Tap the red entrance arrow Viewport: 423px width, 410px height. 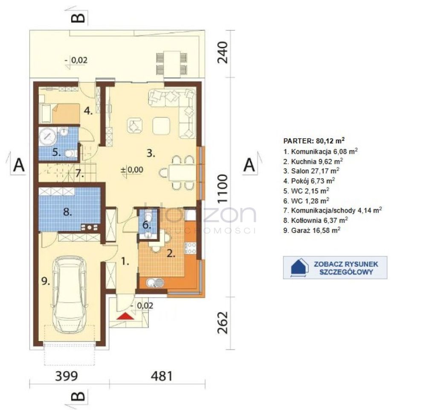pos(125,316)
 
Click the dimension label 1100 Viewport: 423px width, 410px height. pos(223,189)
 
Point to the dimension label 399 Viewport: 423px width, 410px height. pos(67,376)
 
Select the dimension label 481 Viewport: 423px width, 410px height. pos(161,376)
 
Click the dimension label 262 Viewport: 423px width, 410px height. pos(223,323)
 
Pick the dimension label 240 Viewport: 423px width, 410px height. pos(223,53)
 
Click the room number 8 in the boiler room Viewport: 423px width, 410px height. pos(67,212)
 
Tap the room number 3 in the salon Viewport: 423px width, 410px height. pos(151,153)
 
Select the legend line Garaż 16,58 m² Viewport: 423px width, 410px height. pos(312,230)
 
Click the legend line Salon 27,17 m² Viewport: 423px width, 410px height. pos(311,171)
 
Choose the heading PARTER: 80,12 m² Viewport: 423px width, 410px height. pos(314,141)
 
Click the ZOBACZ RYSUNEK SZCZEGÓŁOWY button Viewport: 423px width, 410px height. pos(335,267)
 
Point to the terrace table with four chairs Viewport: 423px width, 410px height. pos(171,64)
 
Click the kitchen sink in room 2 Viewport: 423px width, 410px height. pos(155,283)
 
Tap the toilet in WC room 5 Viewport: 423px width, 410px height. pos(71,154)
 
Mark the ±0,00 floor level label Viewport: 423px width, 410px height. pos(132,170)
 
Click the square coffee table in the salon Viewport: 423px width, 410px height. pos(161,126)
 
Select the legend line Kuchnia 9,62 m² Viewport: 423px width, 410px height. pos(313,161)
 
